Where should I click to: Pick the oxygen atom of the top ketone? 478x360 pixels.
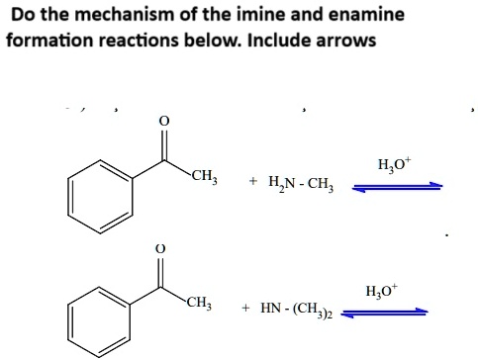(x=164, y=121)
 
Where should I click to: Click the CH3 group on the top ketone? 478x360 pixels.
(x=205, y=177)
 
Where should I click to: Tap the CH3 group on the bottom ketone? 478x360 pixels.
(x=197, y=303)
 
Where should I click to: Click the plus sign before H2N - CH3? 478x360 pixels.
(x=253, y=183)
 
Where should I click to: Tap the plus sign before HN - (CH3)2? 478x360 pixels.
(x=243, y=309)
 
